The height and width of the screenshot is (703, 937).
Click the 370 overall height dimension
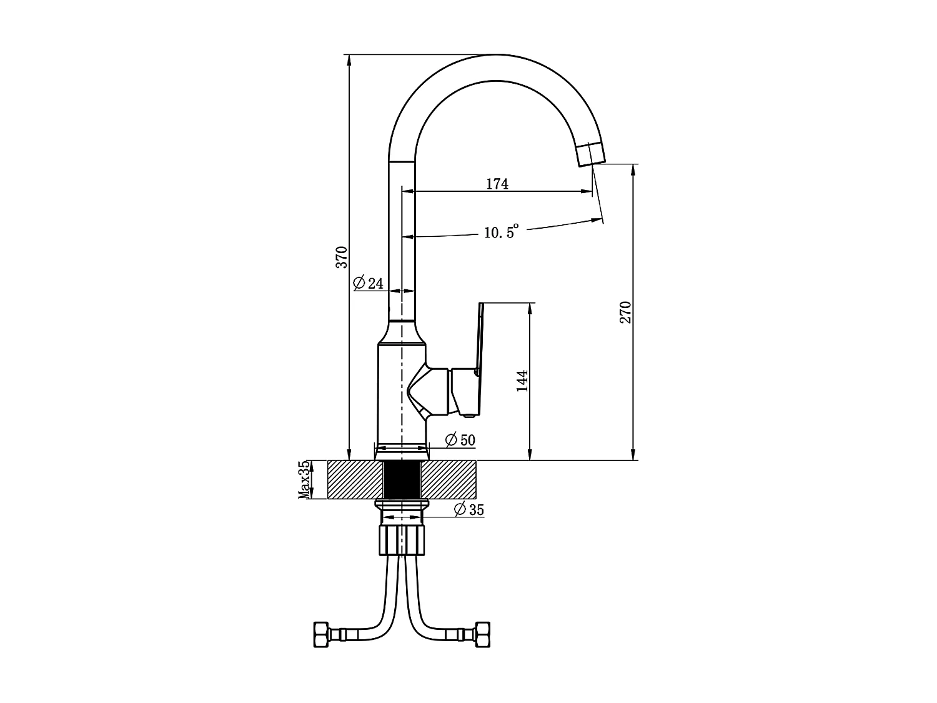pos(342,257)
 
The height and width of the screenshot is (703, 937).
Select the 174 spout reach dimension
pos(497,184)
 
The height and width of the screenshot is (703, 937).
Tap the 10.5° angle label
pos(501,231)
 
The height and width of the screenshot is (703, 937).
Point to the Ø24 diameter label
pos(369,282)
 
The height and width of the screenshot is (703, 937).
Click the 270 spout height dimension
pos(625,312)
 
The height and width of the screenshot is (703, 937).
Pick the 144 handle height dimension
pos(522,381)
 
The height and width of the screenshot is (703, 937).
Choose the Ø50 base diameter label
pos(460,440)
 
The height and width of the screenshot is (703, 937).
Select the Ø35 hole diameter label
pos(469,510)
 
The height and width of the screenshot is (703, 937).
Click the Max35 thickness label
pos(304,479)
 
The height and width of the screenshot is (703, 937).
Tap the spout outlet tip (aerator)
pos(591,154)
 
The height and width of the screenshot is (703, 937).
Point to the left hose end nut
pos(320,634)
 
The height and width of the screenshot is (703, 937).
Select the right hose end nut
pos(483,634)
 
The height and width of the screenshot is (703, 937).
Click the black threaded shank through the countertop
pos(402,479)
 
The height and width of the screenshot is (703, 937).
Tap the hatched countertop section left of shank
pos(355,479)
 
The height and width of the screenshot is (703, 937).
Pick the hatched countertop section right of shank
pos(449,479)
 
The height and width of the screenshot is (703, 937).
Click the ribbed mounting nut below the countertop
pos(402,541)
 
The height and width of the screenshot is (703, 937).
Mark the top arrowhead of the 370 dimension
pos(349,60)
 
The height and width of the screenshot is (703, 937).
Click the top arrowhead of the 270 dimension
pos(633,169)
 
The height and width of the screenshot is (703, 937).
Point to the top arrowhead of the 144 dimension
pos(530,308)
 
